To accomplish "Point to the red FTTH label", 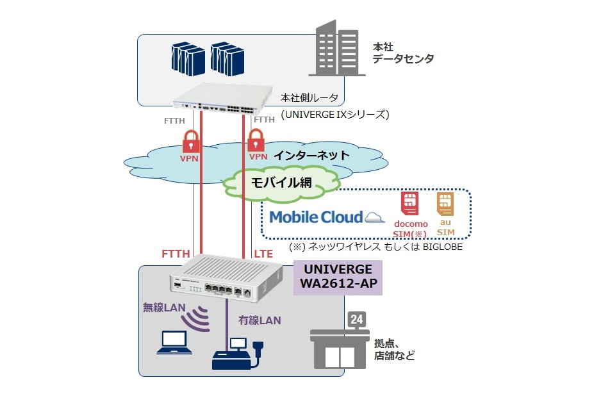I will pos(176,254).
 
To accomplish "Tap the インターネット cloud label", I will pos(311,155).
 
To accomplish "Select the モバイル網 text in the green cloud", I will pos(281,182).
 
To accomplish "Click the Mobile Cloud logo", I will pos(326,217).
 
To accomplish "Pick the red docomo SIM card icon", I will pos(409,204).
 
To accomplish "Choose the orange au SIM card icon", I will pos(445,204).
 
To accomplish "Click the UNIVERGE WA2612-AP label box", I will pos(337,277).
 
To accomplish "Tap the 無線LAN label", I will pos(163,308).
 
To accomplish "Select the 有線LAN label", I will pos(260,319).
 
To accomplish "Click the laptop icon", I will pos(175,343).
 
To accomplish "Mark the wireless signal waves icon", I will pos(197,316).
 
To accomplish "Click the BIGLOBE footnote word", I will pos(441,246).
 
